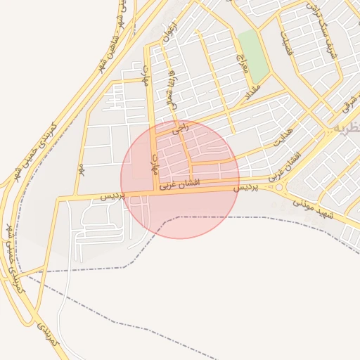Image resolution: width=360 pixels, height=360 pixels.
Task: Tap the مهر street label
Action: pyautogui.click(x=82, y=169)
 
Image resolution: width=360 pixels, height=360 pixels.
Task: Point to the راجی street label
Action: pyautogui.click(x=181, y=128)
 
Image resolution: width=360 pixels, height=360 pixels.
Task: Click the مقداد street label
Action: pyautogui.click(x=252, y=90)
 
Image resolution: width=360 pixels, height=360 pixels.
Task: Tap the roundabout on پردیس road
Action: pyautogui.click(x=280, y=188)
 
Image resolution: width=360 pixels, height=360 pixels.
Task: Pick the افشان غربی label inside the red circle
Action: pyautogui.click(x=181, y=184)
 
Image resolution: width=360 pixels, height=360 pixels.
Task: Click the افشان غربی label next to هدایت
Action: pyautogui.click(x=286, y=166)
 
